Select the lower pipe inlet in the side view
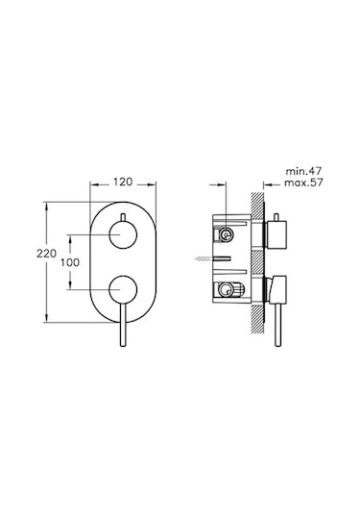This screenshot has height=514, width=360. pyautogui.click(x=227, y=287)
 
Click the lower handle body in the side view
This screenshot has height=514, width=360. pyautogui.click(x=276, y=285)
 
